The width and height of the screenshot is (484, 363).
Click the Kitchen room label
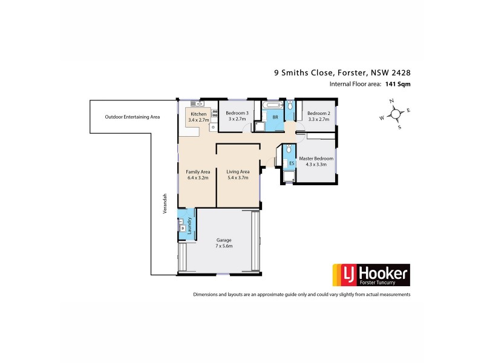coord(199,114)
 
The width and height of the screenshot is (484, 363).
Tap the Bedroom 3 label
coord(237,113)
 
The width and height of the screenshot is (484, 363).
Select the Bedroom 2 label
coord(318,113)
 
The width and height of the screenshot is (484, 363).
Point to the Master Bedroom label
coord(316,159)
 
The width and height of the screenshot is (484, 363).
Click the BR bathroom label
coord(275,117)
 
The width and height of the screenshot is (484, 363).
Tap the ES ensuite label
coord(291,163)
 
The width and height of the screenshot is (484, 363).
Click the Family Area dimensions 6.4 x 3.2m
coord(197,178)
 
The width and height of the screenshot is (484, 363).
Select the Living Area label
coord(238,172)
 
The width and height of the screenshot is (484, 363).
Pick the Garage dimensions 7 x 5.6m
coord(224,246)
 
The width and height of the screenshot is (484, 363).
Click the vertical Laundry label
coord(190,224)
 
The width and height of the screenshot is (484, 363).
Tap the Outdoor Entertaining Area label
coord(132,116)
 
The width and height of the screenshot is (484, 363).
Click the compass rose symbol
coord(396,113)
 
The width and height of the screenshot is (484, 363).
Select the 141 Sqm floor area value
coord(397,85)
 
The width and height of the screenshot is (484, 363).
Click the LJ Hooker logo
coord(368,275)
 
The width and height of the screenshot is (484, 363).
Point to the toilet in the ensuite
coord(290,149)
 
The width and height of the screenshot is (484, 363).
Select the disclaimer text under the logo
coord(302,295)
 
